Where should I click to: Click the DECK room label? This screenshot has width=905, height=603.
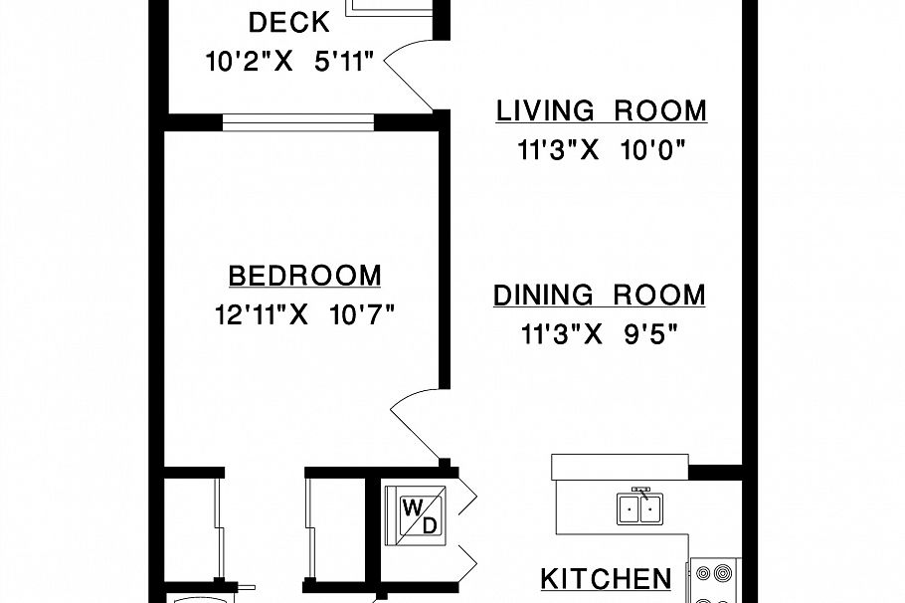click(x=289, y=23)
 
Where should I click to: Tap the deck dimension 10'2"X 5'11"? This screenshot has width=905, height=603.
click(x=290, y=62)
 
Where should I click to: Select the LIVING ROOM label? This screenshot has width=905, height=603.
click(x=602, y=110)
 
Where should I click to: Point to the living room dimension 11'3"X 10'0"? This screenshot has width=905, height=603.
click(x=602, y=151)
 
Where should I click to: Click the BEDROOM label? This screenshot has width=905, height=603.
click(x=304, y=276)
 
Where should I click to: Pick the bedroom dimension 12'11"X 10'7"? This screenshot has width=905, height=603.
click(x=304, y=315)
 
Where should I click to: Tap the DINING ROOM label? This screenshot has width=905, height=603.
click(x=600, y=295)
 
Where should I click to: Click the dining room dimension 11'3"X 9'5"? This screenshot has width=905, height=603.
click(x=599, y=334)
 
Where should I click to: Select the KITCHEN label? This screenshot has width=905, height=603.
click(x=606, y=579)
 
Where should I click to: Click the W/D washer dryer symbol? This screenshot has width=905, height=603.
click(x=415, y=515)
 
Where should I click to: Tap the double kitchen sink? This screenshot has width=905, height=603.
click(x=640, y=507)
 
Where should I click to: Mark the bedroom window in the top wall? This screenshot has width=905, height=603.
click(x=298, y=122)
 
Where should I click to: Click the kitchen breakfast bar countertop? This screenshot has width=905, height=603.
click(x=620, y=467)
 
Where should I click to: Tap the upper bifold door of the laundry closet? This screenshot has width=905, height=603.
click(x=467, y=497)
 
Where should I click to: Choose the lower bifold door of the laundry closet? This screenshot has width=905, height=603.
click(x=467, y=560)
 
